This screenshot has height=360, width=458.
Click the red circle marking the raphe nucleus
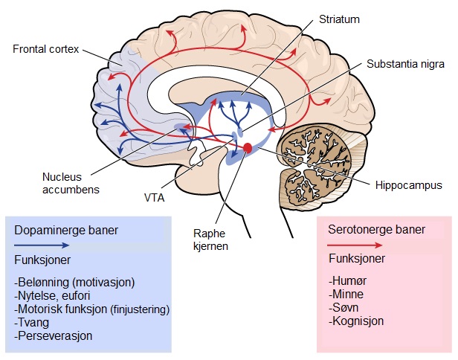pyautogui.click(x=248, y=150)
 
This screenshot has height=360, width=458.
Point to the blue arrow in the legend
pyautogui.click(x=45, y=244)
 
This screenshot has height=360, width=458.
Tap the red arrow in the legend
pyautogui.click(x=355, y=244)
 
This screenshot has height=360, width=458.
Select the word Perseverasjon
pyautogui.click(x=54, y=335)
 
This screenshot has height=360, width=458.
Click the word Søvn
pyautogui.click(x=343, y=309)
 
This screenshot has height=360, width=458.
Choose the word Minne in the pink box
pyautogui.click(x=344, y=296)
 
